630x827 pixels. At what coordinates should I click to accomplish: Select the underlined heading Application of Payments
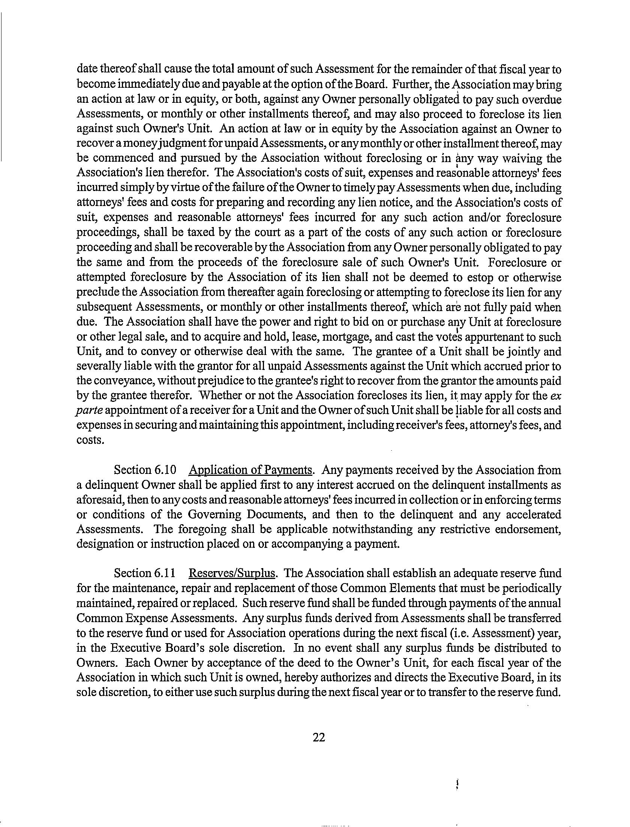pyautogui.click(x=251, y=470)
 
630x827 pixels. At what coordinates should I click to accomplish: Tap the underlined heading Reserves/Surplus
pyautogui.click(x=233, y=573)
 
